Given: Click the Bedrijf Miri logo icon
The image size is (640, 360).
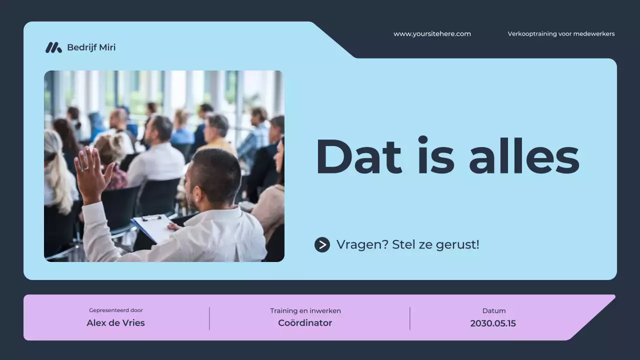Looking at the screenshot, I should (53, 47).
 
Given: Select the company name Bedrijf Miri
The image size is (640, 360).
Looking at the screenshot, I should (91, 47).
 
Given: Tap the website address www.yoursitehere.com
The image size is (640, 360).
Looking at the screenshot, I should (432, 34).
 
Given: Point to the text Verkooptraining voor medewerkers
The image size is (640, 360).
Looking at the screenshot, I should (561, 34).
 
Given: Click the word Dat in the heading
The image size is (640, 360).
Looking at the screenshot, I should (358, 156).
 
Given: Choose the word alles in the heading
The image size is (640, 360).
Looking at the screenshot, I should (524, 156).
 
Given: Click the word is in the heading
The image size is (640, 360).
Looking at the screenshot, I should (435, 156).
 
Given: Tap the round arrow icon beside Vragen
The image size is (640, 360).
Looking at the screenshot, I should (322, 244).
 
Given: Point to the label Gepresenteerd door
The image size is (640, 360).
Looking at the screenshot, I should (116, 310).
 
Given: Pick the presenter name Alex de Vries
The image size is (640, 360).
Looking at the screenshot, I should (115, 323).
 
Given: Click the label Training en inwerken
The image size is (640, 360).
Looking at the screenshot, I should (305, 311).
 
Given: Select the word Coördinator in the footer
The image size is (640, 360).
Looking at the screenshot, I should (305, 323).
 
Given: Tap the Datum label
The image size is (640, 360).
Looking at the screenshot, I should (494, 311).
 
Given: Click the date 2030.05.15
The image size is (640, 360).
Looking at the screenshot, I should (493, 323).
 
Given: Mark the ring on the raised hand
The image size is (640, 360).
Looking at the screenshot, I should (86, 169).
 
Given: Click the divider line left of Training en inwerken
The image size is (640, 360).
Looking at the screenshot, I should (209, 318).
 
